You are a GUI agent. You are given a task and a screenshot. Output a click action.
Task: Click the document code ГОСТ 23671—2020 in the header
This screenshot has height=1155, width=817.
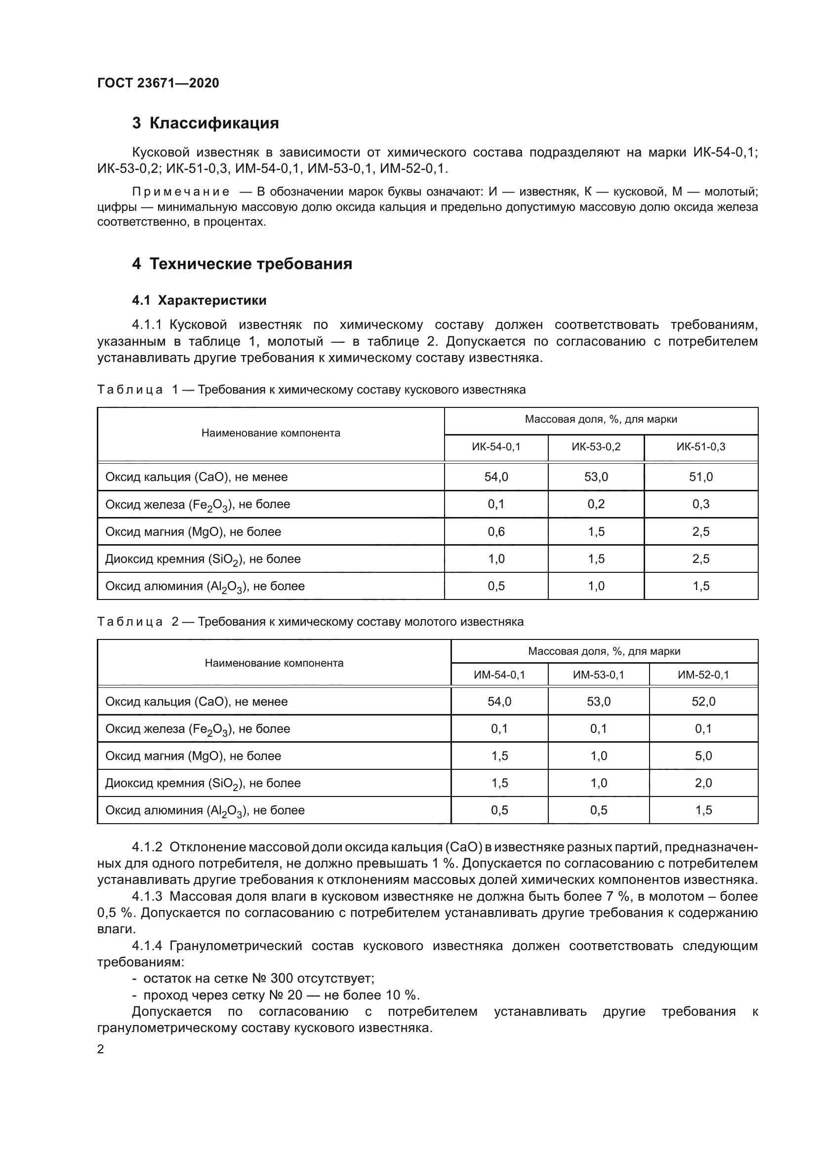(x=158, y=83)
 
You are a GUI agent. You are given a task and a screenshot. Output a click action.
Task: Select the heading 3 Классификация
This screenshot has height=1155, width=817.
(x=205, y=123)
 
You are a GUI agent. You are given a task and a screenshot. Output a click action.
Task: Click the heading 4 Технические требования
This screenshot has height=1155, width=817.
(x=242, y=264)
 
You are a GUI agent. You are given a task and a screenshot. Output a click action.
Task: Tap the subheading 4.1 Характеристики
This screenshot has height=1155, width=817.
(x=199, y=300)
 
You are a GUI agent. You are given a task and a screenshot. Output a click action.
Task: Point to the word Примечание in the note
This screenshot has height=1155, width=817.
(x=181, y=192)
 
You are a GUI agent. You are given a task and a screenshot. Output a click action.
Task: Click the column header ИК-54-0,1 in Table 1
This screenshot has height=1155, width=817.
(x=496, y=447)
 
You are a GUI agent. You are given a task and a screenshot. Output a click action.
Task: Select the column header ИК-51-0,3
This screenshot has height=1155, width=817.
(x=701, y=447)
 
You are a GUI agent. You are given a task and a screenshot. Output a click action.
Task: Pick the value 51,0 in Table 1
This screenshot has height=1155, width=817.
(x=701, y=477)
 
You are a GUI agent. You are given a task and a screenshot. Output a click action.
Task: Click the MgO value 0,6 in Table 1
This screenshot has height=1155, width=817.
(x=496, y=532)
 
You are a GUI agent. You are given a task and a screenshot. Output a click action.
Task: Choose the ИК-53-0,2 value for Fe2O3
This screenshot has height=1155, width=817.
(x=596, y=504)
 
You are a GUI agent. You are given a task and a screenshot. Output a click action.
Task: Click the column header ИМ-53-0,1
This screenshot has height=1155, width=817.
(x=598, y=675)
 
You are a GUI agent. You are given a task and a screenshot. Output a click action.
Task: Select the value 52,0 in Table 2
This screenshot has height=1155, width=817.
(x=703, y=702)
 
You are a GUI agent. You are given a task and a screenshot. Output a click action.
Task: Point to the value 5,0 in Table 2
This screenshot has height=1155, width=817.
(x=703, y=756)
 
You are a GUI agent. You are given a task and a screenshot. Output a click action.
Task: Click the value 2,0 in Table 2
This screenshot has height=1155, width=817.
(x=703, y=783)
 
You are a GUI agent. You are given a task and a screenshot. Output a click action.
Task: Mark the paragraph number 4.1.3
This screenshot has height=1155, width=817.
(x=147, y=896)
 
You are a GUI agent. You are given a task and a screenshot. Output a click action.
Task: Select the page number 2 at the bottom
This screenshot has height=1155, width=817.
(x=101, y=1049)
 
